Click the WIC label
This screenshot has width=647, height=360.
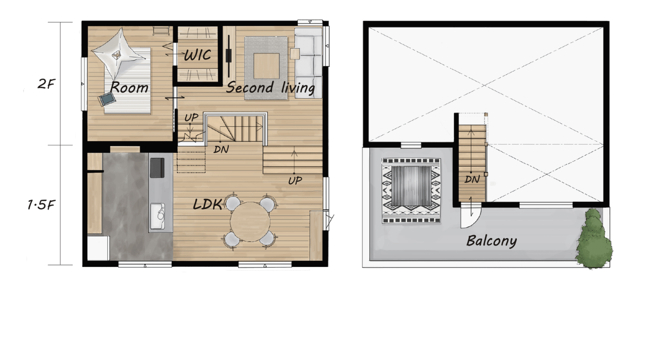(198, 55)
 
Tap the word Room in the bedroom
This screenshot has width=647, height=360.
(129, 87)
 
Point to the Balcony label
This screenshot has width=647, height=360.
(492, 241)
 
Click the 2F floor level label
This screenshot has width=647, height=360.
(46, 84)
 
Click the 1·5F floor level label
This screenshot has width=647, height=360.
(41, 205)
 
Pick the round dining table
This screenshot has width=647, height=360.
(250, 222)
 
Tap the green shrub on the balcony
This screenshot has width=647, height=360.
(594, 239)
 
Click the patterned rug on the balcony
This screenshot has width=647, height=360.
(411, 191)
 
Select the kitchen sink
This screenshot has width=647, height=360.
(158, 216)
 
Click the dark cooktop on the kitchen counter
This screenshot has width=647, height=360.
(157, 168)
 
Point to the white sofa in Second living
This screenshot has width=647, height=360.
(308, 63)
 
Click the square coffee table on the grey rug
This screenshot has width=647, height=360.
(267, 66)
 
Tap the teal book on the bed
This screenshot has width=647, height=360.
(107, 99)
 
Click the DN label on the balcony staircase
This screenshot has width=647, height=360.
(472, 179)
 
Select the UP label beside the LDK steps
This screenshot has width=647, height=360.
(295, 181)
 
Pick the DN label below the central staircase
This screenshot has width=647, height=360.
(221, 149)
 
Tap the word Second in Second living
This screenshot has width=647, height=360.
(250, 88)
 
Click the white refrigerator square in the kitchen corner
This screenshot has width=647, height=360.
(98, 248)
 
